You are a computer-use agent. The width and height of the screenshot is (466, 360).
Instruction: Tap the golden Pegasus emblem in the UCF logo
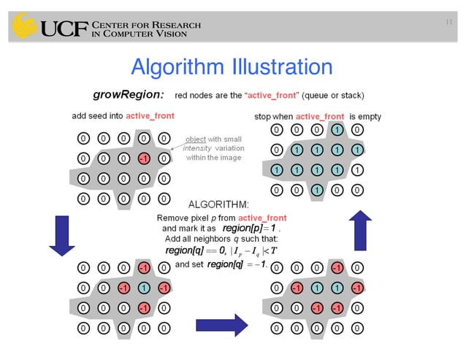coord(25,27)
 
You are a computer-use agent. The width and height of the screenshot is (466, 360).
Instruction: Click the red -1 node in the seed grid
coord(144,158)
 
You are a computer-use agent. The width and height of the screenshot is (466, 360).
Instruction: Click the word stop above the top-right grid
coord(263,116)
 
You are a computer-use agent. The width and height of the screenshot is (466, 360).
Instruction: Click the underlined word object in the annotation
coord(197,139)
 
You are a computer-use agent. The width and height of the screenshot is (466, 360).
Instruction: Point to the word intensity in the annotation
coord(198,148)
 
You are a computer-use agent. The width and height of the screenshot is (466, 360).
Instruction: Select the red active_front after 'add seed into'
coord(150,116)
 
